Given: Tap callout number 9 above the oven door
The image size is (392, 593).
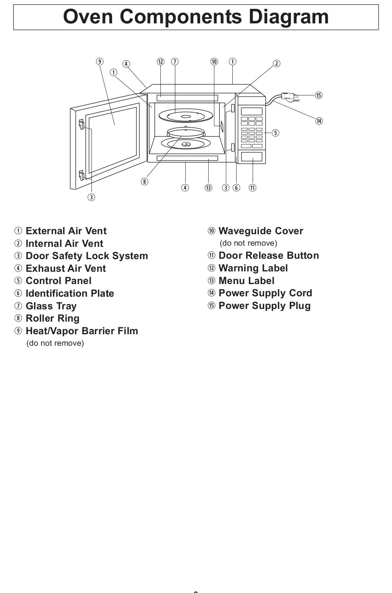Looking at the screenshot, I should pyautogui.click(x=100, y=61).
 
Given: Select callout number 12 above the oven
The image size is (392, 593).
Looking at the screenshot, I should pyautogui.click(x=160, y=61).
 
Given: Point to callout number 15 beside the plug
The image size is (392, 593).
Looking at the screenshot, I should pyautogui.click(x=318, y=95).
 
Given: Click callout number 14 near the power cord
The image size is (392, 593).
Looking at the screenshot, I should pyautogui.click(x=318, y=121).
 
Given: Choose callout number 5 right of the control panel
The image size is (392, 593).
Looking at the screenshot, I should pyautogui.click(x=275, y=133).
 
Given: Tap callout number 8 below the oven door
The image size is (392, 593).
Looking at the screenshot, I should pyautogui.click(x=144, y=181).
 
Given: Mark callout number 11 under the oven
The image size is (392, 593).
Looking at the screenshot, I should pyautogui.click(x=252, y=187).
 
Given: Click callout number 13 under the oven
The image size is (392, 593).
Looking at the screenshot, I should pyautogui.click(x=208, y=187).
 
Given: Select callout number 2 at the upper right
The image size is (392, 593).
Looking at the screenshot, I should pyautogui.click(x=276, y=64).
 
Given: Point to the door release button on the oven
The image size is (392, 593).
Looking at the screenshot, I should pyautogui.click(x=252, y=157).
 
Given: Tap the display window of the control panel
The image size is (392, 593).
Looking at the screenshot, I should pyautogui.click(x=252, y=112).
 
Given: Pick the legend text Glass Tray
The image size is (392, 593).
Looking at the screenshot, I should pyautogui.click(x=51, y=306).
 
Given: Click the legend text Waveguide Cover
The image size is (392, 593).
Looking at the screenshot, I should pyautogui.click(x=261, y=231).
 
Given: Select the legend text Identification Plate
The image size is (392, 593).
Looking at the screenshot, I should pyautogui.click(x=70, y=293).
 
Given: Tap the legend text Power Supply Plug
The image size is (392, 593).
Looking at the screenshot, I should pyautogui.click(x=265, y=306).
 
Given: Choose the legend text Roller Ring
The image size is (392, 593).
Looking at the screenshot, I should pyautogui.click(x=52, y=318).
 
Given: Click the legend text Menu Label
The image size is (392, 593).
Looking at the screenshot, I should pyautogui.click(x=247, y=281).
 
